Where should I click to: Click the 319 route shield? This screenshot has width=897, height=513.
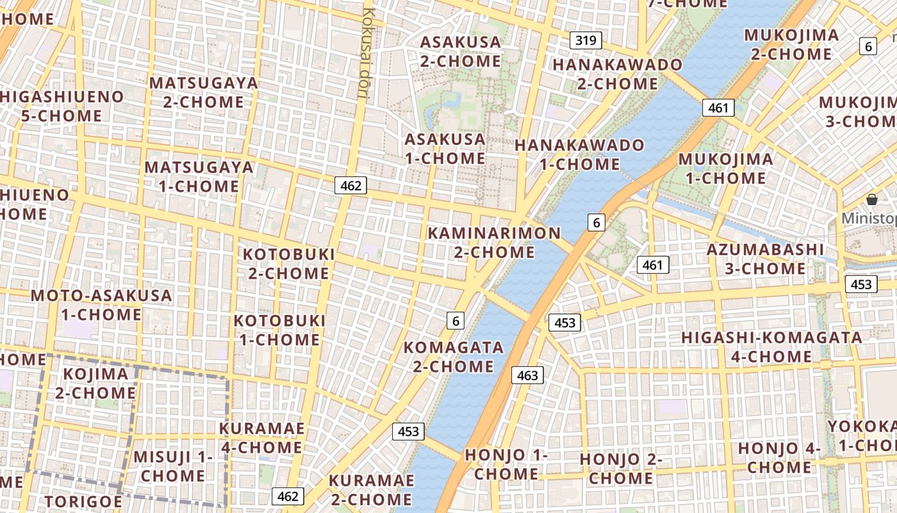586,41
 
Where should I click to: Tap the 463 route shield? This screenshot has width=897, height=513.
527,375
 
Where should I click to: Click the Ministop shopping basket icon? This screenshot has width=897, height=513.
871,199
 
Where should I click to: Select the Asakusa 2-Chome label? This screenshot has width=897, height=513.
461,52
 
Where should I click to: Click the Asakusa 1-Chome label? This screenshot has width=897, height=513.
445,149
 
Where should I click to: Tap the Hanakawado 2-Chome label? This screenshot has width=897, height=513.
618,74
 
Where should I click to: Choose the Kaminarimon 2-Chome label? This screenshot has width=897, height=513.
494,242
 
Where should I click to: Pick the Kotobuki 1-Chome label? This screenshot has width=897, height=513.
279,330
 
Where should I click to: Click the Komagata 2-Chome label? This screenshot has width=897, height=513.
454,357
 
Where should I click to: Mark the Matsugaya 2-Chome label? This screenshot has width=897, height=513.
204,92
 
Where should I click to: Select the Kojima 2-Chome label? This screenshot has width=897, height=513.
95,383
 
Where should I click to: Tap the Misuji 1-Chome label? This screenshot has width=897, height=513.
173,466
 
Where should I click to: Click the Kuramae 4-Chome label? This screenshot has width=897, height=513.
261,437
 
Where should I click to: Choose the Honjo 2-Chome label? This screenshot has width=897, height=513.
621,469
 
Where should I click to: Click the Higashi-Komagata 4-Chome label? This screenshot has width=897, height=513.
771,347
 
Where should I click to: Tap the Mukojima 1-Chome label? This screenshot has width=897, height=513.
725,168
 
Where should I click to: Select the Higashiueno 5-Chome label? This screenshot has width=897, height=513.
62,106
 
